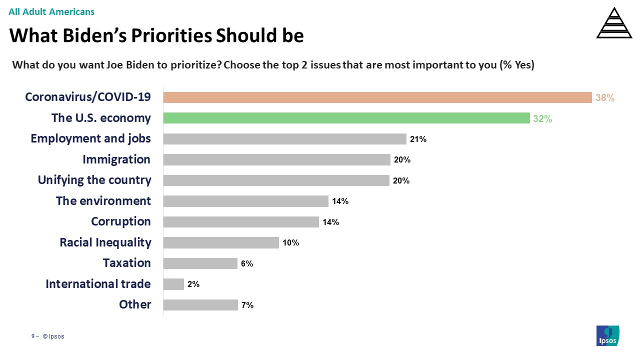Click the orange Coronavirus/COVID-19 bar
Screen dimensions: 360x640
(x=377, y=97)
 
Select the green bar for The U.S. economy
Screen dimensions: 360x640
(x=346, y=118)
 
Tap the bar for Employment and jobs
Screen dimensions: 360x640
(x=284, y=139)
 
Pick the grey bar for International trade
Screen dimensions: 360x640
(x=173, y=284)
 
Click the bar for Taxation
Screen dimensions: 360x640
(x=200, y=263)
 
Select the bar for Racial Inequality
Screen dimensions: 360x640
(x=221, y=242)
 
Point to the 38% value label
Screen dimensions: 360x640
(x=604, y=98)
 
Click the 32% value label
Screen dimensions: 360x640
(x=542, y=119)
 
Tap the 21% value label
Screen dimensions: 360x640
(x=418, y=139)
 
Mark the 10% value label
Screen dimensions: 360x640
(x=290, y=243)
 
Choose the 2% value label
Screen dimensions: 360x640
(x=193, y=284)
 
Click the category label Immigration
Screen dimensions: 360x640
(x=116, y=159)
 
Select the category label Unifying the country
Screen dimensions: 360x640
(x=94, y=180)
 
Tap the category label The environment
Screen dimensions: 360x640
(x=103, y=201)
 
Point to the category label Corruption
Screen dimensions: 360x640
(x=120, y=221)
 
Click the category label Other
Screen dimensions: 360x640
(x=135, y=304)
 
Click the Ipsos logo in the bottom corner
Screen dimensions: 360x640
(x=607, y=335)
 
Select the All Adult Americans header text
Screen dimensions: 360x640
(x=51, y=11)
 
